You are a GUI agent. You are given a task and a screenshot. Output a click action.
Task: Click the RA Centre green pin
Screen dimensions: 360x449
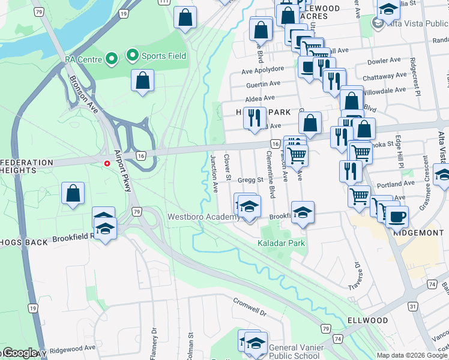click(x=111, y=59)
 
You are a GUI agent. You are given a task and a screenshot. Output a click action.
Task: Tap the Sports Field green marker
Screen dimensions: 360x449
click(x=132, y=56)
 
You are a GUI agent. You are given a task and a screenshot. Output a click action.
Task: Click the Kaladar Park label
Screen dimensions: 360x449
click(x=281, y=243)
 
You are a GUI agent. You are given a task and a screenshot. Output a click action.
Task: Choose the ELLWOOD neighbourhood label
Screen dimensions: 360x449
click(x=367, y=320)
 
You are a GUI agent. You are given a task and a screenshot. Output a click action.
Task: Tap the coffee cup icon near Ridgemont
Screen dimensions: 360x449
click(x=396, y=216)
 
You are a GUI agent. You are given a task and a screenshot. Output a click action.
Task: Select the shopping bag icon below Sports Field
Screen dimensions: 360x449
click(x=142, y=81)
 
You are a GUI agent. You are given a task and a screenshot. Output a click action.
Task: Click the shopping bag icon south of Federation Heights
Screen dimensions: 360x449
click(x=73, y=193)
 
